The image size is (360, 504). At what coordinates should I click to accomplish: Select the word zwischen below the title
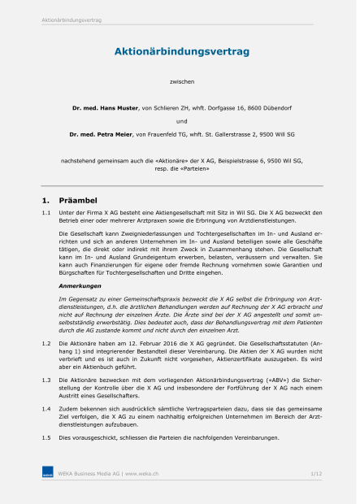tap(181, 82)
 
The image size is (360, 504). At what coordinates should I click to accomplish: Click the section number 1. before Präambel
tap(46, 199)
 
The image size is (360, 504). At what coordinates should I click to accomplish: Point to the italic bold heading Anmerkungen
tap(79, 285)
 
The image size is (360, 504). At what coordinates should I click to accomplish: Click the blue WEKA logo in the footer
tap(48, 472)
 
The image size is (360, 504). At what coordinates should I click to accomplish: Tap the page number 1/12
tap(315, 472)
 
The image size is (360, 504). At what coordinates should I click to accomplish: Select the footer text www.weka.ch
tap(142, 472)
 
